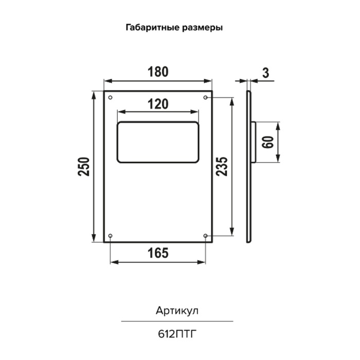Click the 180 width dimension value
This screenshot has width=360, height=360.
pyautogui.click(x=158, y=71)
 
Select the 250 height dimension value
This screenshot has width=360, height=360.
pyautogui.click(x=83, y=167)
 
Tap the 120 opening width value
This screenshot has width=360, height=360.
pyautogui.click(x=158, y=104)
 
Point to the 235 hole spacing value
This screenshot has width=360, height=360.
pyautogui.click(x=222, y=167)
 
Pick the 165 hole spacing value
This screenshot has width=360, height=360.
pyautogui.click(x=158, y=253)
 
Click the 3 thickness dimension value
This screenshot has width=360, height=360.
pyautogui.click(x=265, y=73)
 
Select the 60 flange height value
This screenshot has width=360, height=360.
pyautogui.click(x=268, y=142)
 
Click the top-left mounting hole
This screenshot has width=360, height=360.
pyautogui.click(x=110, y=98)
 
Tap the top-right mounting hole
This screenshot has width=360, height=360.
pyautogui.click(x=206, y=98)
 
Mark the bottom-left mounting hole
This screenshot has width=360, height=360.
pyautogui.click(x=110, y=236)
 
